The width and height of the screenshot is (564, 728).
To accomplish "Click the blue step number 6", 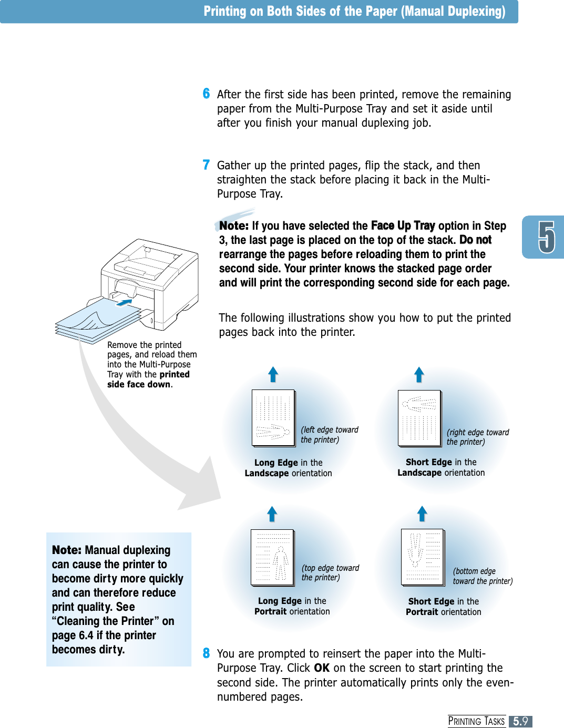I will pos(206,94).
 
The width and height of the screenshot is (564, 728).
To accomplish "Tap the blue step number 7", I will pos(206,165).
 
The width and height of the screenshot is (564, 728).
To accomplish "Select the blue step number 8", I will pos(206,653).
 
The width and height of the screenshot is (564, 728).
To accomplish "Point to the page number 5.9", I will pos(520,721).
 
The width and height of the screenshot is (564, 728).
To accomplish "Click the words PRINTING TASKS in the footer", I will pos(476,721).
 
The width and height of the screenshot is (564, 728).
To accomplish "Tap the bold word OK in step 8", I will pos(322,668).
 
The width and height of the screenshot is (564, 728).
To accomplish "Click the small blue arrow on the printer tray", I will pos(124,302).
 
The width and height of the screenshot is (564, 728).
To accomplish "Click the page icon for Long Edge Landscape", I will pos(273,418).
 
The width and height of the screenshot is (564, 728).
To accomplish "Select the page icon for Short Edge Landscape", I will pos(419,418).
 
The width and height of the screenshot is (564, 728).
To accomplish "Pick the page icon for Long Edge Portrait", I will pos(272,557).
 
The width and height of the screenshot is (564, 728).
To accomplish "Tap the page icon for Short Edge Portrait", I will pos(423,557).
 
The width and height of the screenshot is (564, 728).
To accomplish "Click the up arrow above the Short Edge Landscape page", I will pos(419,375).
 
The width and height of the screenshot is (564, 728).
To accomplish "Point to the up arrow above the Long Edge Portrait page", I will pos(272,514).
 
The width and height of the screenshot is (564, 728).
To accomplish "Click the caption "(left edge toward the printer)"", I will pos(329,435).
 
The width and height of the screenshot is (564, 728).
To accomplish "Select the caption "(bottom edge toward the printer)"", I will pos(482,576).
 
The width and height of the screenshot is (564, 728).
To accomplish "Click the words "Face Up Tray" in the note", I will pos(403,225).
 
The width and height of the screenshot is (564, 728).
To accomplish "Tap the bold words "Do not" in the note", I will pos(475,240).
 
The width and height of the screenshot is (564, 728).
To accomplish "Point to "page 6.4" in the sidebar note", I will pos(73,635).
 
